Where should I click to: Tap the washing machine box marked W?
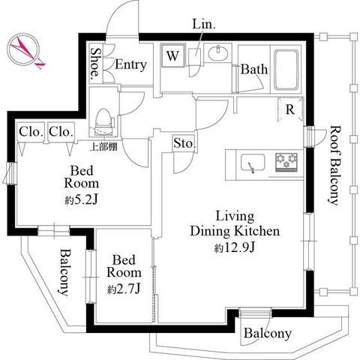click(x=173, y=55)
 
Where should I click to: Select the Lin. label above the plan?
click(x=204, y=24)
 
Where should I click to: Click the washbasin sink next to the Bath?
click(x=218, y=53)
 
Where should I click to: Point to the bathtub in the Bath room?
click(x=286, y=70)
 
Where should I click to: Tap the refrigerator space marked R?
click(x=291, y=109)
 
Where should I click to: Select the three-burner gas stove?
click(x=286, y=162)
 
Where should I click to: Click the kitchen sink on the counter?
click(x=253, y=163)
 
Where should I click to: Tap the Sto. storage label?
click(x=184, y=143)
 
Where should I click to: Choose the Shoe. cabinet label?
click(x=95, y=62)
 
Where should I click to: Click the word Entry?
click(x=130, y=64)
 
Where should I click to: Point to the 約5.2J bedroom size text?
click(x=81, y=200)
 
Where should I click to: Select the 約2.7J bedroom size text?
click(x=124, y=289)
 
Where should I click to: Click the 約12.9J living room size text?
click(x=235, y=247)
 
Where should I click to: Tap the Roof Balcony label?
click(x=334, y=166)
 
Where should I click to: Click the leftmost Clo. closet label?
click(x=31, y=132)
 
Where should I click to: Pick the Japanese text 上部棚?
click(x=103, y=147)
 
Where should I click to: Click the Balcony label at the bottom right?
click(x=268, y=334)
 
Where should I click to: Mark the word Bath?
click(x=254, y=69)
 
